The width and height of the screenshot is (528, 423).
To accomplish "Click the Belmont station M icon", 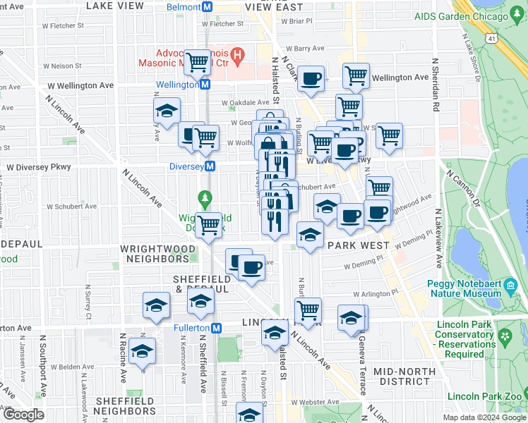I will pos(208,7).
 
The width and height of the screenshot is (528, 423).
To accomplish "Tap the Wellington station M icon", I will pos(205,85).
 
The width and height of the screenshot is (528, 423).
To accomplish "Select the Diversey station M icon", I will pos(210,166).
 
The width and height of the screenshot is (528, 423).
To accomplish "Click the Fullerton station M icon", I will pos(217,328).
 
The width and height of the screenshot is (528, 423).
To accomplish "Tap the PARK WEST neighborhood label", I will pos(359,245).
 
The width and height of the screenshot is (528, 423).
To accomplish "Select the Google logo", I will pos(23,415).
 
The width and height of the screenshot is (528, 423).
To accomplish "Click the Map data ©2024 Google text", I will pos(484,417).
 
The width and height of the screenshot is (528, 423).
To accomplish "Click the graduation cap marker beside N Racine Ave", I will pos(143,350).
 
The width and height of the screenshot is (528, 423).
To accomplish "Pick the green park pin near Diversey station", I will pos(205,200).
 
